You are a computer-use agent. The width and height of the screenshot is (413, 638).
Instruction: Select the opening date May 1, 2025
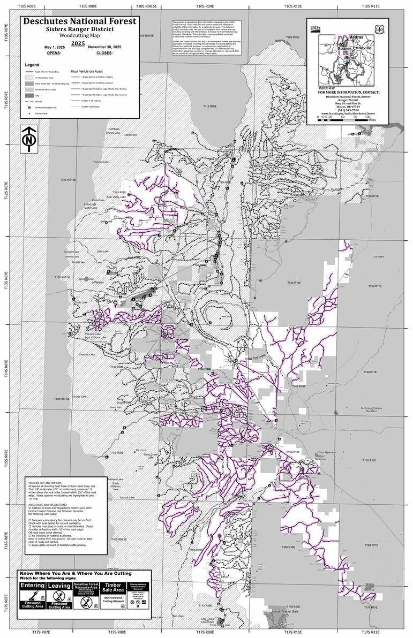coord(54,47)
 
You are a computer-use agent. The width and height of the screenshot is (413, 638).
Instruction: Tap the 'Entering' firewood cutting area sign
coord(33,595)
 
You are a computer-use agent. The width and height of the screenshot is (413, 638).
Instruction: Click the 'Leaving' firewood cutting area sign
coord(59,595)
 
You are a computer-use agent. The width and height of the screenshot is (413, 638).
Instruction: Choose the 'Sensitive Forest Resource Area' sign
coord(86,595)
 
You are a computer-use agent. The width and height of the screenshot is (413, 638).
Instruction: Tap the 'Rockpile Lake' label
coord(101,162)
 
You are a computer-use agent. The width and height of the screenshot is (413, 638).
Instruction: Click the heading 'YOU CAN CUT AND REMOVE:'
coord(46,483)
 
